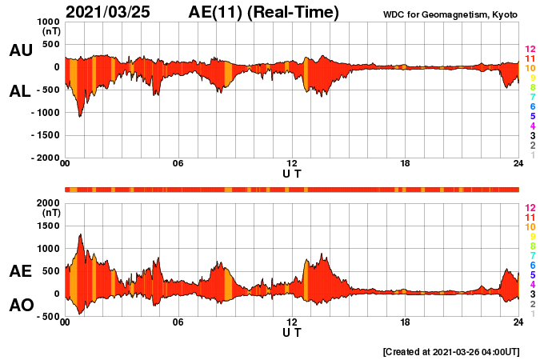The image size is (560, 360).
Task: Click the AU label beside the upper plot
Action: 21,50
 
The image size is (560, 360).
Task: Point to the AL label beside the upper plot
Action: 21,91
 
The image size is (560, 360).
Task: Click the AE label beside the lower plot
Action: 21,271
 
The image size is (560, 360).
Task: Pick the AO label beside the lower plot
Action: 21,306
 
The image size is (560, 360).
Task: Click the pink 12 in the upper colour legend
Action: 530,50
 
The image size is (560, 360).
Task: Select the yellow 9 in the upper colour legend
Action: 532,78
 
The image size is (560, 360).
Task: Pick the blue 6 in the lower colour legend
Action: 532,265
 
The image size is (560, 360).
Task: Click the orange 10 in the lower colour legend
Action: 530,226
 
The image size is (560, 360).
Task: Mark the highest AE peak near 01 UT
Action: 81,234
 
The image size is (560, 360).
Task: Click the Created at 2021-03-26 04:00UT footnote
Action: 451,351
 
